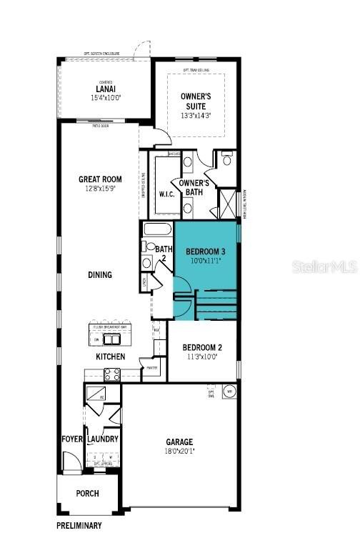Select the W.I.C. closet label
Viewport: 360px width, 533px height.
167,194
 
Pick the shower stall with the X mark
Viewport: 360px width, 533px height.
227,202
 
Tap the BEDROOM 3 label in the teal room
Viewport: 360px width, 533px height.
205,251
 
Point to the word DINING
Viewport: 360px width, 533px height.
100,274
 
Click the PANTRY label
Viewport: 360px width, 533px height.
151,369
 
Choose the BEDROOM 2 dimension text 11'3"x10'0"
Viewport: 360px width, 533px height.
203,356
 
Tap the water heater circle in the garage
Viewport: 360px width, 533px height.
230,392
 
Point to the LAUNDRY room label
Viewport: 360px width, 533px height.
102,439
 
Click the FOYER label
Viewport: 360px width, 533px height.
72,439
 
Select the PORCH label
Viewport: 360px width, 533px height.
87,494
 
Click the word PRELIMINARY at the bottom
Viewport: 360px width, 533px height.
79,526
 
